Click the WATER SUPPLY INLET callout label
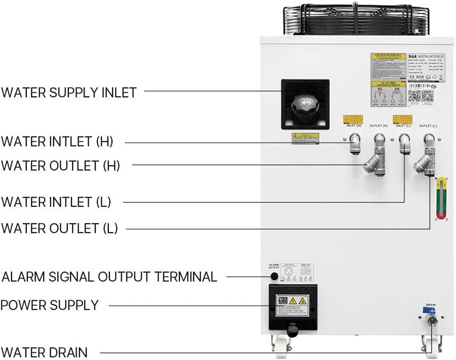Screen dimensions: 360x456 click(x=69, y=92)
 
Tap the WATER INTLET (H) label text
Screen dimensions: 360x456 click(x=57, y=142)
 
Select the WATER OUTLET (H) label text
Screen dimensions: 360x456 click(x=60, y=165)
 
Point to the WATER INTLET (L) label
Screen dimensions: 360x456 click(x=56, y=202)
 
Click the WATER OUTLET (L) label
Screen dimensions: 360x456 click(x=59, y=228)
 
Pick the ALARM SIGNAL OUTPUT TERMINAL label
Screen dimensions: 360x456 click(x=109, y=276)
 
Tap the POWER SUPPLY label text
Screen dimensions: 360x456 click(x=49, y=305)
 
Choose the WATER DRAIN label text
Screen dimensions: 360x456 click(x=44, y=352)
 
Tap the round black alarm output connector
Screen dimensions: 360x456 click(x=274, y=276)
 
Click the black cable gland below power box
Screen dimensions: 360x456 click(x=292, y=331)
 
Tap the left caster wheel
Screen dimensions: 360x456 click(x=280, y=346)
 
